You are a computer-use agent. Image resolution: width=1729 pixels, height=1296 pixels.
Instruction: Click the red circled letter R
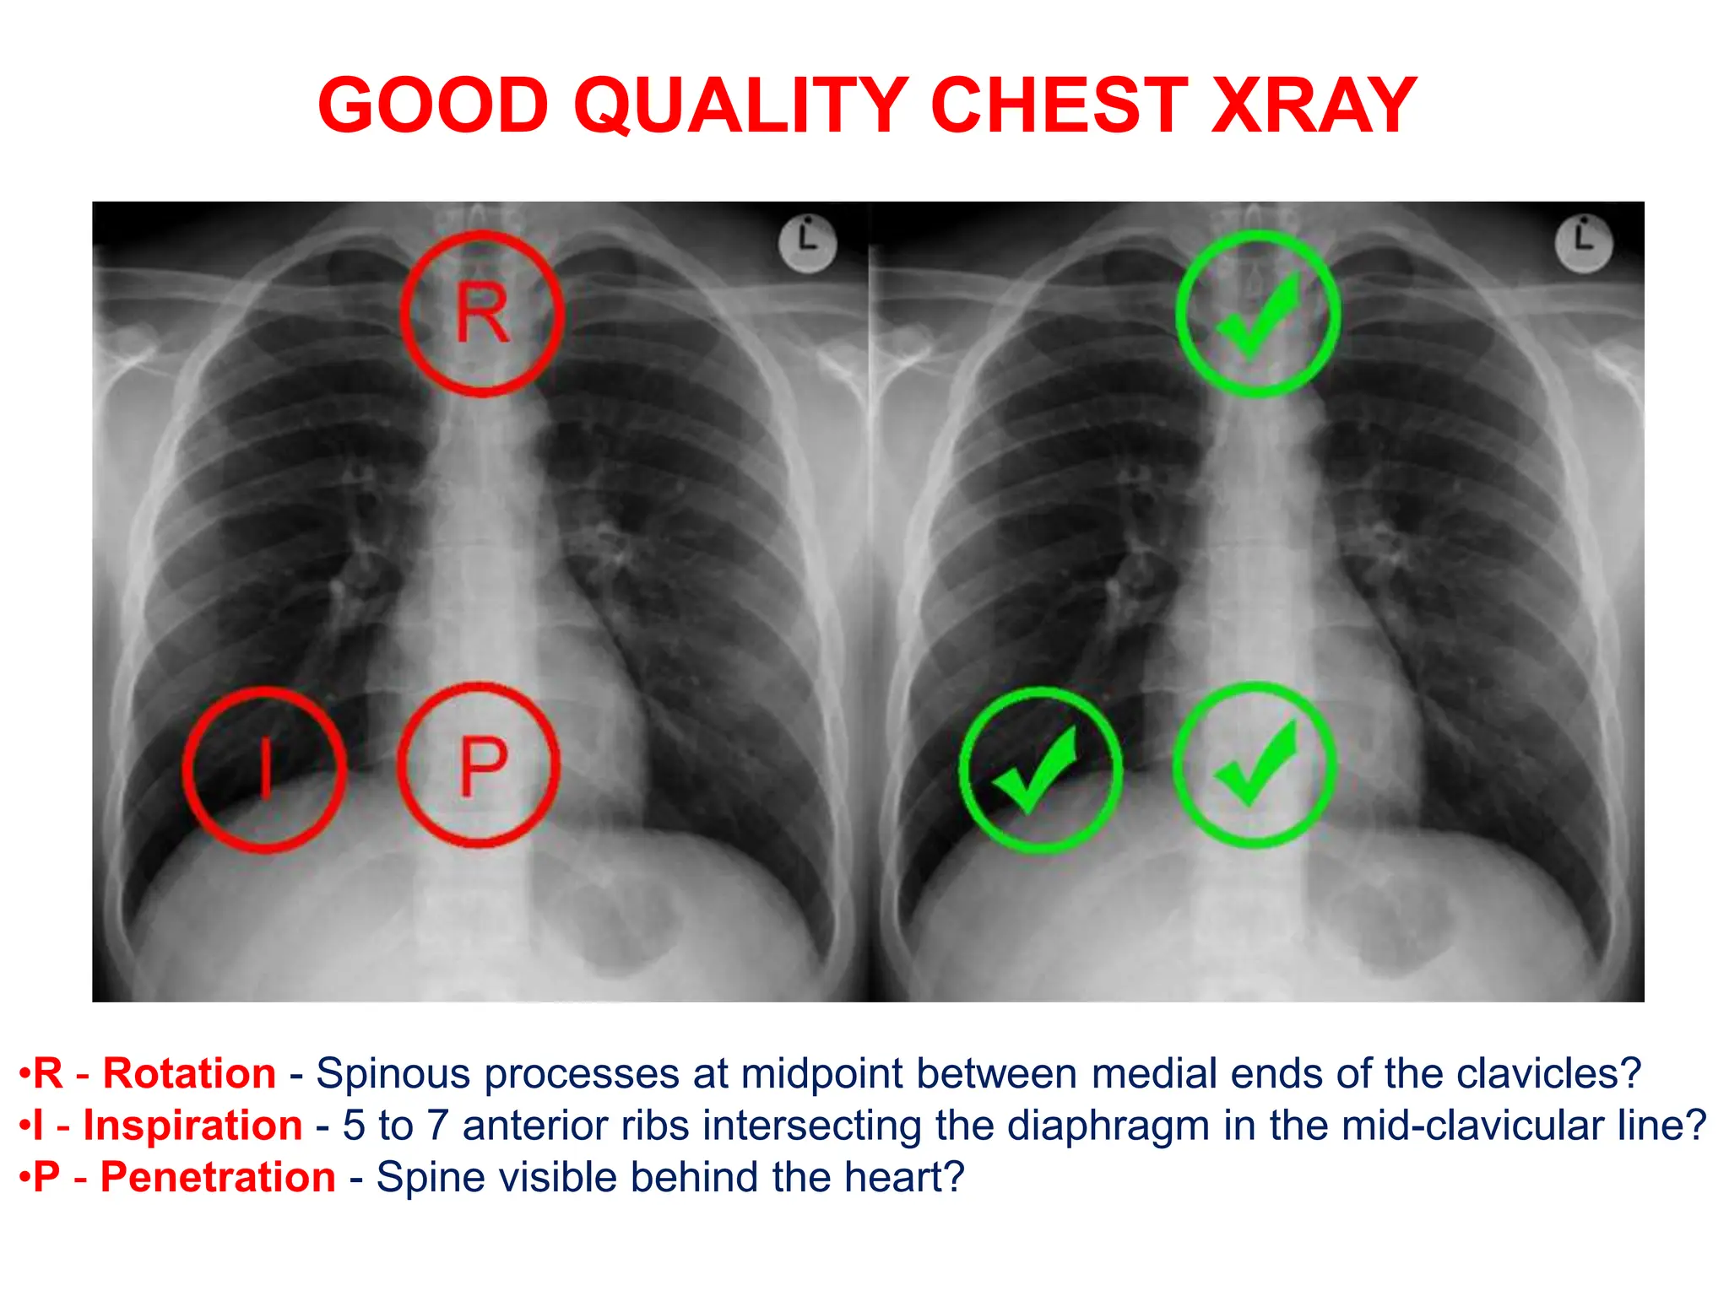click(482, 313)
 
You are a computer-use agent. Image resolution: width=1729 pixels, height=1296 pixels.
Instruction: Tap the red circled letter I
click(265, 769)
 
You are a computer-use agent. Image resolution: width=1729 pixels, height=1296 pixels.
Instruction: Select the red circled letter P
click(480, 765)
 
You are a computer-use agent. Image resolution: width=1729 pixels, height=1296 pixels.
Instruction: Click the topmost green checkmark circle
click(1258, 313)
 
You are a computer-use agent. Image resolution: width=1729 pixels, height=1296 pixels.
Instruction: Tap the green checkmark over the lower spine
click(1255, 765)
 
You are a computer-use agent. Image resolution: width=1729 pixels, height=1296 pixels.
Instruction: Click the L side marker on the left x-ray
click(808, 244)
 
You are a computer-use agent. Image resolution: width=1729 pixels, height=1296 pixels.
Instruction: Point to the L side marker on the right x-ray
click(1584, 244)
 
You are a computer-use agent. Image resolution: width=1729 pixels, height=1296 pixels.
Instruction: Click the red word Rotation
click(189, 1074)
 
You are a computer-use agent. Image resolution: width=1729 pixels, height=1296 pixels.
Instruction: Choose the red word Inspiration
click(192, 1126)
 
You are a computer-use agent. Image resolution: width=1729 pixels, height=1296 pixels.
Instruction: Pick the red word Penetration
click(218, 1177)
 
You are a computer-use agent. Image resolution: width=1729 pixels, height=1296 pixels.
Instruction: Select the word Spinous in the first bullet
click(393, 1074)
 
